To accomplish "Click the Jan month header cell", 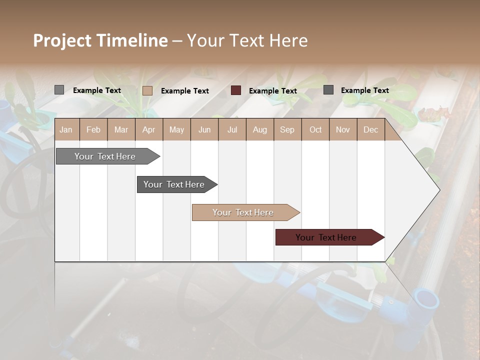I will point(66,129).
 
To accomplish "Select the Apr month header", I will point(148,129).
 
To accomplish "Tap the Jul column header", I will point(232,129).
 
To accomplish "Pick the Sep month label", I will point(287,129).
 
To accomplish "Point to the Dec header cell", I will point(370,129).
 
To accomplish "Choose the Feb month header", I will point(93,129).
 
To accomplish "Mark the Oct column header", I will point(315,129).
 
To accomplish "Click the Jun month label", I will point(204,129).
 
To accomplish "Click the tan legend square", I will point(147,90).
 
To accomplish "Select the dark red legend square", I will point(236,90).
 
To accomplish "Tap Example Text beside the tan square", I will point(185,91).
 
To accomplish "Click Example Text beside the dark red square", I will point(273,91).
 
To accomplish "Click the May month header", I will point(176,129).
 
